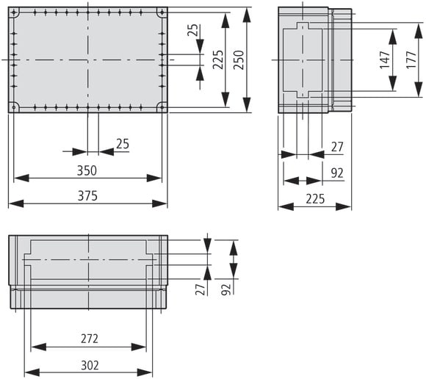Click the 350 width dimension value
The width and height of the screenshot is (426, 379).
[87, 170]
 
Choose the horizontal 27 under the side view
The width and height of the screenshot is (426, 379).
[337, 148]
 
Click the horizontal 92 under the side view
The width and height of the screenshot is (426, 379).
[337, 173]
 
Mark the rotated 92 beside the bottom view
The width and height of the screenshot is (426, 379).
[225, 290]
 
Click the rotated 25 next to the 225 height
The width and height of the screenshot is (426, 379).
[192, 32]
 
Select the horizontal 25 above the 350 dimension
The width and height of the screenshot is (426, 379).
[122, 145]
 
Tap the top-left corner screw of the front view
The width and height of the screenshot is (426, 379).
[14, 12]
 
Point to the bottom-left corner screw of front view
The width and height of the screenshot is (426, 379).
[14, 107]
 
